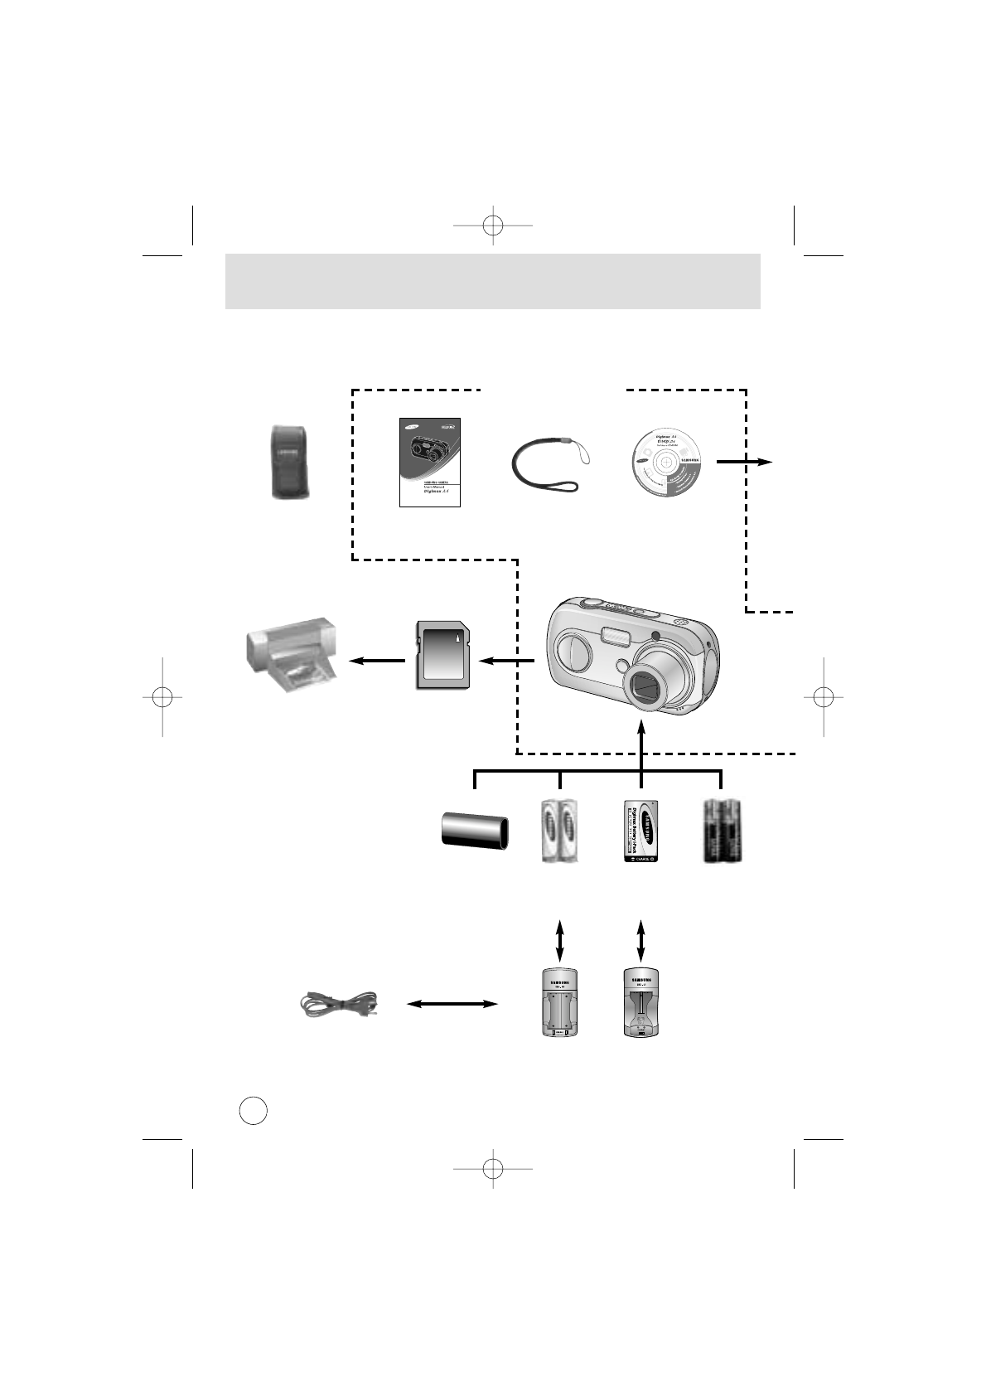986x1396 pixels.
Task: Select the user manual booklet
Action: tap(429, 462)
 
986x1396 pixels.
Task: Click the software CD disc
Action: tap(666, 463)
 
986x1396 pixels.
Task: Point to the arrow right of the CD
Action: tap(744, 463)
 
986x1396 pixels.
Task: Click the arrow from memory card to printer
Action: tap(377, 661)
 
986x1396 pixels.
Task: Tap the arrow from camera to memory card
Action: tap(508, 661)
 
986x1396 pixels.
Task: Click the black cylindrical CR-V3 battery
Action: tap(474, 832)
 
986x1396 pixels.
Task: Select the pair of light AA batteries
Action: tap(559, 831)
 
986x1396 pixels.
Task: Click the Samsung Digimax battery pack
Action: tap(640, 832)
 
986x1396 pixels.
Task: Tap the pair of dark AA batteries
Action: tap(722, 831)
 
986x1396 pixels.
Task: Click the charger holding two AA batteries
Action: tap(559, 1002)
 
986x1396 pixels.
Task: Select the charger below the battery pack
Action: tap(641, 1002)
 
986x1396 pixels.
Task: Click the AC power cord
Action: tap(338, 1004)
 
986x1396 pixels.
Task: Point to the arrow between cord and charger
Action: tap(452, 1004)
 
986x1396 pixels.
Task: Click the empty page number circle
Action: tap(254, 1110)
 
